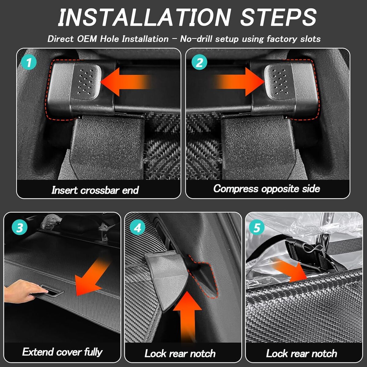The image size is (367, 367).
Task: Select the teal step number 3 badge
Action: (x=20, y=228)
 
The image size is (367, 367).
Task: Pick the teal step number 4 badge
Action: (x=138, y=228)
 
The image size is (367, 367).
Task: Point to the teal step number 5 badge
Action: (x=256, y=228)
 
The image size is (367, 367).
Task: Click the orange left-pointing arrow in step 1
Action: (x=126, y=82)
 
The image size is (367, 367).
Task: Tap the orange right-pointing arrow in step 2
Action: (x=239, y=82)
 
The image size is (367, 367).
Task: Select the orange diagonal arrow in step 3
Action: (x=91, y=278)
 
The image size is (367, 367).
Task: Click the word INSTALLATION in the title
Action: (x=144, y=17)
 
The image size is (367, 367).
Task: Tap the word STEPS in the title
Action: (x=278, y=17)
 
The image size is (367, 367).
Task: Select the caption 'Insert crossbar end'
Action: (x=95, y=190)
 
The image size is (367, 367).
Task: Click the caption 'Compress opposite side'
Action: (x=267, y=189)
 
